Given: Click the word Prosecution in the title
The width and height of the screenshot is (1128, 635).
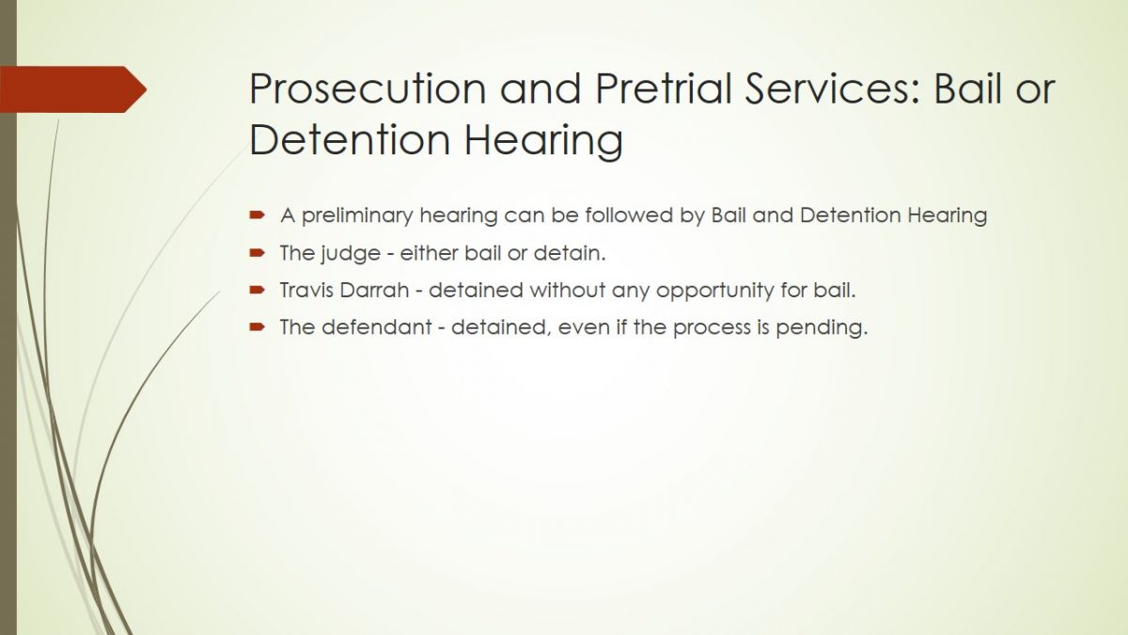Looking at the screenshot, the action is click(x=368, y=88).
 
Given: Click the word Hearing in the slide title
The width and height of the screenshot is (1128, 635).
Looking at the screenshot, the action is click(x=543, y=140).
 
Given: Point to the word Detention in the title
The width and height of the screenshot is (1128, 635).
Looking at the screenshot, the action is click(x=350, y=139).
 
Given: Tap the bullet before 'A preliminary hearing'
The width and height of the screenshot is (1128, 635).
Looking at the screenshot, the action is click(x=257, y=215).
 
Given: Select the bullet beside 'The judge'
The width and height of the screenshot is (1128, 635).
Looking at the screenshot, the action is click(x=257, y=253).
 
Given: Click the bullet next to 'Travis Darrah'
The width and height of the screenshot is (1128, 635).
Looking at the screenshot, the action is click(x=257, y=291).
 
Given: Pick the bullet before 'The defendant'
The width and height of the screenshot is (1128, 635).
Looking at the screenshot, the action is click(x=257, y=327).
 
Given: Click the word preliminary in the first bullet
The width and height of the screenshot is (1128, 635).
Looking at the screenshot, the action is click(x=356, y=216).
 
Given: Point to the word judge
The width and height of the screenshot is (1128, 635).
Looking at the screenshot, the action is click(x=351, y=254).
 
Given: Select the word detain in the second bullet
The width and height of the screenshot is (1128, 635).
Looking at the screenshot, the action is click(x=569, y=253).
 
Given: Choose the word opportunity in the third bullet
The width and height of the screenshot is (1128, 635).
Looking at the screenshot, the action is click(x=714, y=292).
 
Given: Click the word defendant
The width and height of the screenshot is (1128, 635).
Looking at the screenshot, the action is click(x=376, y=327).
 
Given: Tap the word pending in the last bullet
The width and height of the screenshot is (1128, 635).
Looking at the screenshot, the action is click(x=822, y=328).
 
